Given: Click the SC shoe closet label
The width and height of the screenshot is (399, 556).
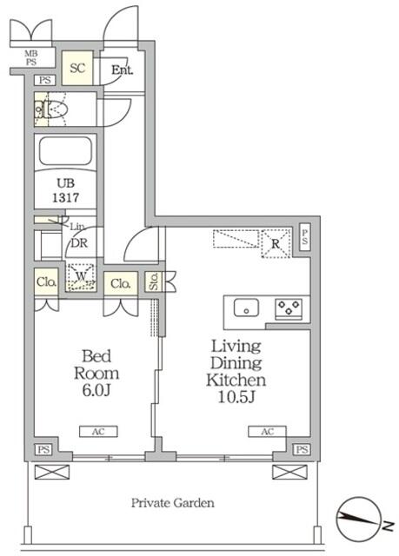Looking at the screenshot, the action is [x=77, y=68].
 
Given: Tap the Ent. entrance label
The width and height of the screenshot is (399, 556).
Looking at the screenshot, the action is [x=122, y=69].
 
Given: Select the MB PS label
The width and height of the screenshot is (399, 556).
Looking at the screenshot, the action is [x=30, y=58].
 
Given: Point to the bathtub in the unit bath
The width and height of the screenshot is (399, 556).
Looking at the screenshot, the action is [x=65, y=150].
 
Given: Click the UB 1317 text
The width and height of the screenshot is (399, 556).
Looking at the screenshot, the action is [x=65, y=190].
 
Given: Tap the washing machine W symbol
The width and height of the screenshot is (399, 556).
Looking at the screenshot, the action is [x=81, y=277].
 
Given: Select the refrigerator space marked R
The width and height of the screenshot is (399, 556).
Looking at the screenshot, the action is [x=276, y=243].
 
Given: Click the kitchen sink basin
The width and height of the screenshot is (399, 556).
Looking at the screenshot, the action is [x=246, y=308].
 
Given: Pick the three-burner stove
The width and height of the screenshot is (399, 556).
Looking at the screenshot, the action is [x=289, y=308].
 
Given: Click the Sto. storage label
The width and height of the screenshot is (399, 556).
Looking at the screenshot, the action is [x=154, y=281].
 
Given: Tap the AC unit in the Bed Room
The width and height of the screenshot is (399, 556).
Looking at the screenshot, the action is [x=98, y=431].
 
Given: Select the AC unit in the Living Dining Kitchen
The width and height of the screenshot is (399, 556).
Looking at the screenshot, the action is [x=267, y=431].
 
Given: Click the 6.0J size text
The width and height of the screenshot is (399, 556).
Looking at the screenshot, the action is [x=96, y=390].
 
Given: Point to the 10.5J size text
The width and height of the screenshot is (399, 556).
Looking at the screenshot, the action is [x=236, y=397].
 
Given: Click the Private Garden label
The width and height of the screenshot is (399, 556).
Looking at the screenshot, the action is [x=173, y=503].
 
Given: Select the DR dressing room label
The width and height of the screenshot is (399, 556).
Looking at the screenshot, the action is [x=79, y=243].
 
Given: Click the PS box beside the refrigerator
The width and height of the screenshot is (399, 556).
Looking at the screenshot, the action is [x=304, y=237].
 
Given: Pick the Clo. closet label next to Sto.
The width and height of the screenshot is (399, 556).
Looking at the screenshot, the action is [x=121, y=284].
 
